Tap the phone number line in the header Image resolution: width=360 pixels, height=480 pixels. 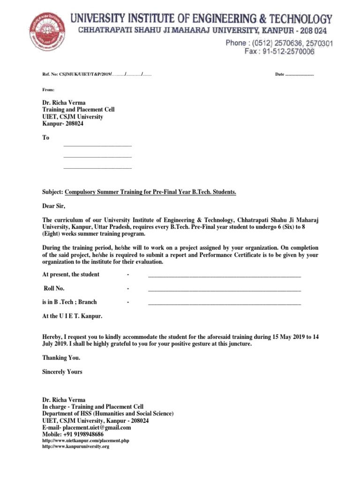pos(279,43)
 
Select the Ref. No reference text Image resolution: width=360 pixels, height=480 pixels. pos(97,75)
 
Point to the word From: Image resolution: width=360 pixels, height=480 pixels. pos(48,89)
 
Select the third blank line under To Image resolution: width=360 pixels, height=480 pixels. pos(97,167)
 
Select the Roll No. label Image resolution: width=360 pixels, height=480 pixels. pos(54,288)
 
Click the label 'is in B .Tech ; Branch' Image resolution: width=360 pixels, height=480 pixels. pos(69,302)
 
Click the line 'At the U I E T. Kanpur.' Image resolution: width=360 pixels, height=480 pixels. pos(72,316)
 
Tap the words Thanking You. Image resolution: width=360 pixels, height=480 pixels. pos(61,358)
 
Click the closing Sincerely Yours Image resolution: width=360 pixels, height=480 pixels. pos(62,372)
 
